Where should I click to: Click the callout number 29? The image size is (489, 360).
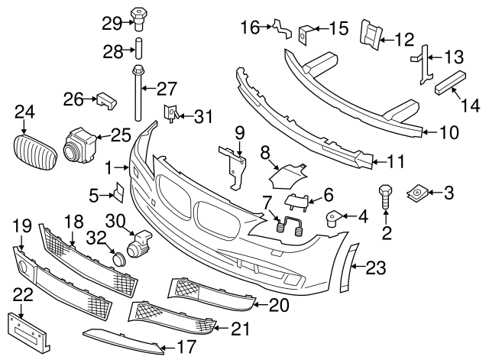coord(112,23)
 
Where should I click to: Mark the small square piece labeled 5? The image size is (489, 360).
coord(119,191)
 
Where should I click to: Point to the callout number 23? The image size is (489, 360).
coord(377,268)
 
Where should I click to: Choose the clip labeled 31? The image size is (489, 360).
coord(170,115)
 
